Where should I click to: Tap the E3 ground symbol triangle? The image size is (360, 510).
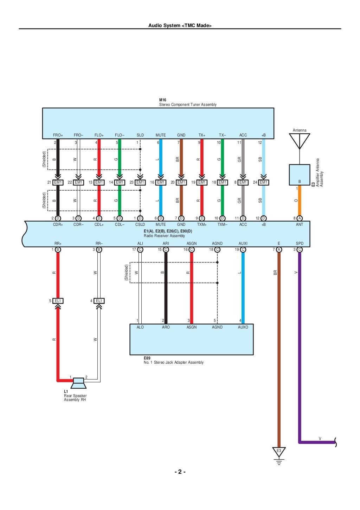tap(279, 451)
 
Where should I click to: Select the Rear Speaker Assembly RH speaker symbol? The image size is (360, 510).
tap(78, 383)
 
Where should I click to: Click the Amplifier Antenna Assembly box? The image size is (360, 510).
tap(300, 174)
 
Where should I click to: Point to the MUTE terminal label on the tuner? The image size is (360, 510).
tap(161, 135)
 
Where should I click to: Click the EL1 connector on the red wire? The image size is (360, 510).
tap(58, 301)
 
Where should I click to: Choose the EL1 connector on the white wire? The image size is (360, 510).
tap(99, 301)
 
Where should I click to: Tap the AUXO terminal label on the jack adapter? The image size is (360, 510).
tap(243, 327)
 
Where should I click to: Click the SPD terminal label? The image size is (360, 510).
tap(300, 243)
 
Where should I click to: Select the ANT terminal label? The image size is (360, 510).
tap(300, 224)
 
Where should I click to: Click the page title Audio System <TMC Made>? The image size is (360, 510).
tap(180, 25)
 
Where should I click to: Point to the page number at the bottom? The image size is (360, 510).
tap(180, 472)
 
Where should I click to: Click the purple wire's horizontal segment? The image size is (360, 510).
tap(316, 442)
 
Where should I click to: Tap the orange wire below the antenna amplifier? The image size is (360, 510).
tap(300, 200)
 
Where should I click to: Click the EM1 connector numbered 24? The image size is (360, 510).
tap(264, 182)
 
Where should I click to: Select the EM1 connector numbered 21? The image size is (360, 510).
tap(58, 182)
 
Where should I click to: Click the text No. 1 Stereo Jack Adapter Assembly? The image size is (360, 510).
tap(174, 362)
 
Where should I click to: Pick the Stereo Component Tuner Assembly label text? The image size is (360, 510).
tap(188, 104)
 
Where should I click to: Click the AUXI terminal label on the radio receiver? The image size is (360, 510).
tap(243, 243)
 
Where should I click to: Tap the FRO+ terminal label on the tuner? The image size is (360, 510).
tap(58, 135)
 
